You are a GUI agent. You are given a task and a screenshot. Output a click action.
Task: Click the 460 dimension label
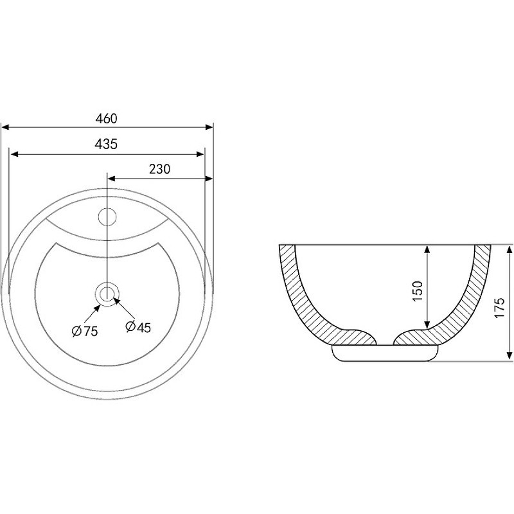coord(106,118)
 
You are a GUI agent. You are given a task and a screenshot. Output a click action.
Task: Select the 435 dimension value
coord(106,144)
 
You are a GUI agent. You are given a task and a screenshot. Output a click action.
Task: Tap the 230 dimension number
coord(159,169)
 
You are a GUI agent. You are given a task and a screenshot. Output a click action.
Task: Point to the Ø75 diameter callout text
coord(85,332)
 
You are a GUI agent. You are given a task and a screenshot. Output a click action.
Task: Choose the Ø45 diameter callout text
coord(138,327)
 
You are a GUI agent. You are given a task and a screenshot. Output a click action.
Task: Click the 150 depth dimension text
coord(417,291)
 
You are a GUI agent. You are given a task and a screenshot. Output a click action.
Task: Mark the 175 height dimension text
coord(500,308)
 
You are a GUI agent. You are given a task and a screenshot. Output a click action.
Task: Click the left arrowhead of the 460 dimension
coord(6,127)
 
